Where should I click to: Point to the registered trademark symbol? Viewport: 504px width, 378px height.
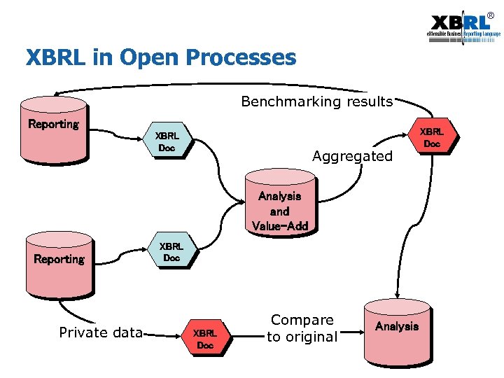coord(490,15)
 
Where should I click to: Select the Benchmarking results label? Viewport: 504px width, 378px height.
coord(316,102)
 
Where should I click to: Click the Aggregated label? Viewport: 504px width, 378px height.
coord(352,156)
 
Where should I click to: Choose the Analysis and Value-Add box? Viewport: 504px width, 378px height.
coord(279,207)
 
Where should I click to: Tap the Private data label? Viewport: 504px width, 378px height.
coord(101,332)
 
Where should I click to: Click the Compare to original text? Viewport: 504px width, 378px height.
coord(303,328)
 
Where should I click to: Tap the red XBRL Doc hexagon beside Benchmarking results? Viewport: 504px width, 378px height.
coord(431,137)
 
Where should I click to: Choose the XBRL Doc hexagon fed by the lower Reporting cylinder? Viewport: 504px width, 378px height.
coord(171,252)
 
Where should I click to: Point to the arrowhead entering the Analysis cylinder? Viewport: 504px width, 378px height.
coord(396,296)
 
